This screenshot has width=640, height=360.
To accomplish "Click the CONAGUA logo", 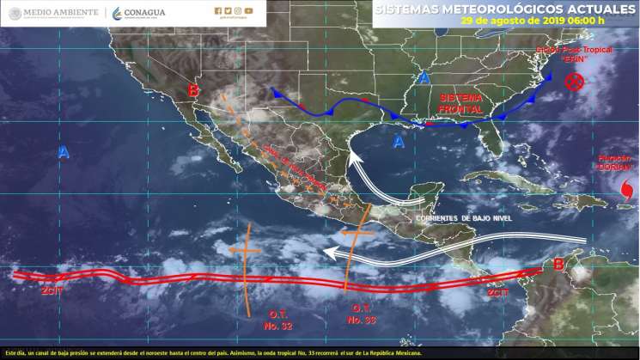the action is [x=139, y=12].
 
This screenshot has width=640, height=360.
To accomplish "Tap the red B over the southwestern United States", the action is [x=194, y=90].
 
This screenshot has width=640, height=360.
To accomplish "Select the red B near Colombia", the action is [x=559, y=265].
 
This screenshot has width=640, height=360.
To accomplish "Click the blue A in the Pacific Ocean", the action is [x=64, y=153].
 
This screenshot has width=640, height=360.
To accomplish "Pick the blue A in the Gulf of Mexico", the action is [x=399, y=142].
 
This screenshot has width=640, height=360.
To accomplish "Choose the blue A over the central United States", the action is [x=423, y=78].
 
